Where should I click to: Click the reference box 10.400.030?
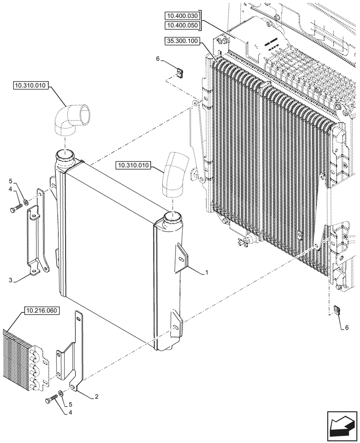pyautogui.click(x=183, y=16)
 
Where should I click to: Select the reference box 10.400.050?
pyautogui.click(x=183, y=25)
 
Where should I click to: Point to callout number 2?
pyautogui.click(x=96, y=397)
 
